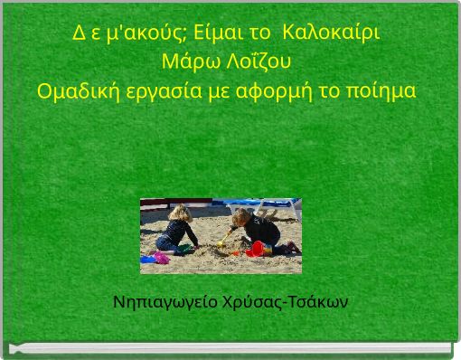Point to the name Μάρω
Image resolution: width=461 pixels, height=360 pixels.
pyautogui.click(x=185, y=63)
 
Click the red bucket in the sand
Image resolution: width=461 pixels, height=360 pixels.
pyautogui.click(x=258, y=248)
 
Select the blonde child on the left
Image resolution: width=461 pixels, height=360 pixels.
pyautogui.click(x=177, y=230)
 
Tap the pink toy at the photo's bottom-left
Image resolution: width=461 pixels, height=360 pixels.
pyautogui.click(x=162, y=258)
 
